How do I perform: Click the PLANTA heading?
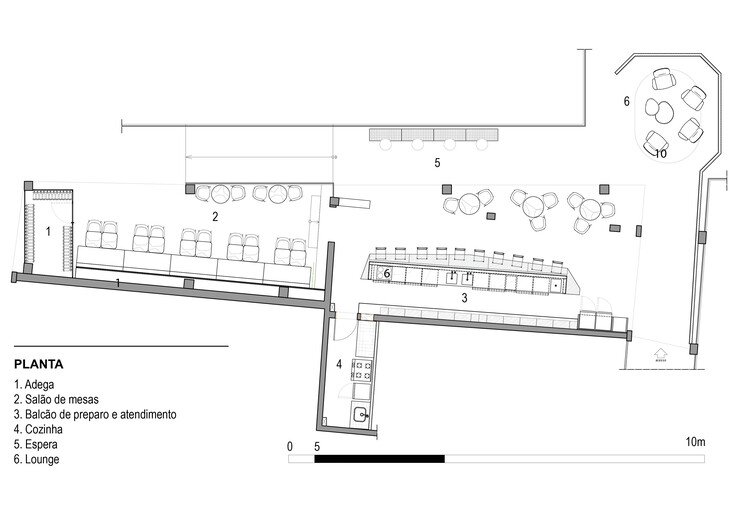39,364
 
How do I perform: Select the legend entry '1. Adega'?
34,384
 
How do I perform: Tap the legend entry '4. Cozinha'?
38,429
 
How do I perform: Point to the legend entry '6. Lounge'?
37,459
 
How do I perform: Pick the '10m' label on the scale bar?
695,442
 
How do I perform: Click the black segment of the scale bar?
379,459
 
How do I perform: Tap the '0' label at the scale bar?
290,447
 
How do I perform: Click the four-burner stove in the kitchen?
362,370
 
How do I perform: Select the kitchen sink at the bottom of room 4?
361,413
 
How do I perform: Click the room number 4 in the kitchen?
339,364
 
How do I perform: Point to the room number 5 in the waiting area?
437,163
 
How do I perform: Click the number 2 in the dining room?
215,217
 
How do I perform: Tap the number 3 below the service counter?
464,298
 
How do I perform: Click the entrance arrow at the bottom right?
660,356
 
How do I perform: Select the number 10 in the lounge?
661,154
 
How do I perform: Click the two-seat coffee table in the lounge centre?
659,110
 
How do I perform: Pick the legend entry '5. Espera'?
36,444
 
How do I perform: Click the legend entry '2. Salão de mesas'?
56,399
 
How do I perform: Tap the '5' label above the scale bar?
317,447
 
